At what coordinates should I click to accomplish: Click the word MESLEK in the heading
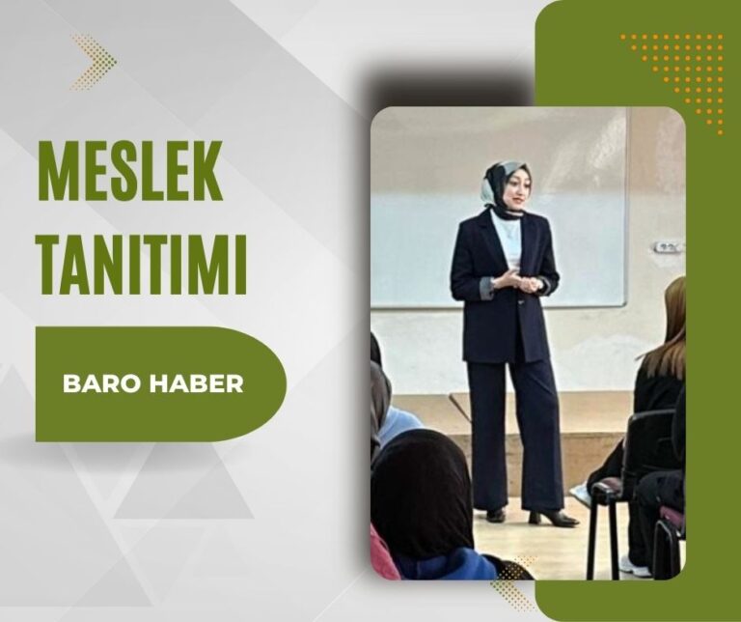coord(130,171)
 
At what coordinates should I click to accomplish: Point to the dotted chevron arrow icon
coord(94,62)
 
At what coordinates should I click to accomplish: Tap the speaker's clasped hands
coord(516,280)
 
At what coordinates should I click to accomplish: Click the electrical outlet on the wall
coord(668,246)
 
